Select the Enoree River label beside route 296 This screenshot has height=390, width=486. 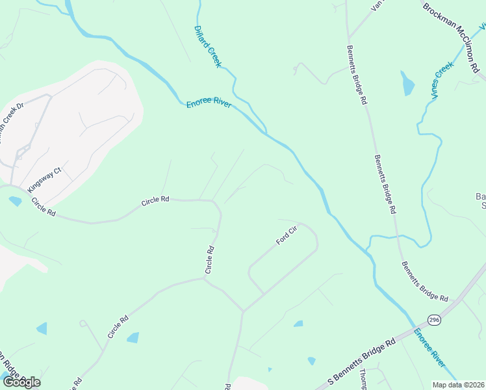click(430, 346)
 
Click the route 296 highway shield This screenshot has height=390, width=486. click(434, 320)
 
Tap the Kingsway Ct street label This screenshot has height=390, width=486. click(44, 179)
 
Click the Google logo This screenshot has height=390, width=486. click(21, 382)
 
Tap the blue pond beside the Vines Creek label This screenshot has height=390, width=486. click(407, 83)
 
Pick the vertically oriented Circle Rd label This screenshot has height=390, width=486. click(210, 259)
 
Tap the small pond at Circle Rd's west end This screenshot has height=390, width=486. click(14, 201)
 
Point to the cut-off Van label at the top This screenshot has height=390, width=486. click(377, 5)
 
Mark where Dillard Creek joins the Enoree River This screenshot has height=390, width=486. click(265, 133)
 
